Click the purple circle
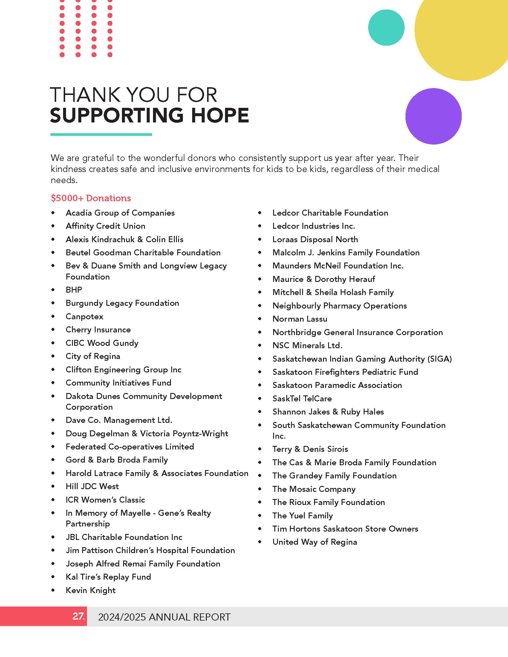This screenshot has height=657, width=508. coord(433,116)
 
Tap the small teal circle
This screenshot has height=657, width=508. coord(386,28)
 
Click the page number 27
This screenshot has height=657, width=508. coord(78,616)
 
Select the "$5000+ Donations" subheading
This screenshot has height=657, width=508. coord(91,198)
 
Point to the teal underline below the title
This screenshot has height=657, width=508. coord(101,134)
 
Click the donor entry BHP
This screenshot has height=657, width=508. coord(74,290)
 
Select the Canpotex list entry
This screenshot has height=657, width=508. coord(84,317)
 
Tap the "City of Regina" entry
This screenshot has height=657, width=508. coord(93,356)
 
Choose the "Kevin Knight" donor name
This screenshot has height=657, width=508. coord(90,590)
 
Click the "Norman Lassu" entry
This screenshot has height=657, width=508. coord(300,319)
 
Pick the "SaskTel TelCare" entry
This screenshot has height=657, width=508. coord(302,399)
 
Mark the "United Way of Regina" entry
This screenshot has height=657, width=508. coord(314,542)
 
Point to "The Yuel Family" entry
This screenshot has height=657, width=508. coord(302,516)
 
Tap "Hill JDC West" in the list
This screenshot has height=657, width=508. coord(92,486)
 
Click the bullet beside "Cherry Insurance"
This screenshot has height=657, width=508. coord(53,330)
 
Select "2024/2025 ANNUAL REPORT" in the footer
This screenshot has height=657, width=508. coord(164,617)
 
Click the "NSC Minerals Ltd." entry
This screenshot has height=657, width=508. coord(307,345)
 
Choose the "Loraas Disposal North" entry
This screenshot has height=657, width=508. coord(315,240)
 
